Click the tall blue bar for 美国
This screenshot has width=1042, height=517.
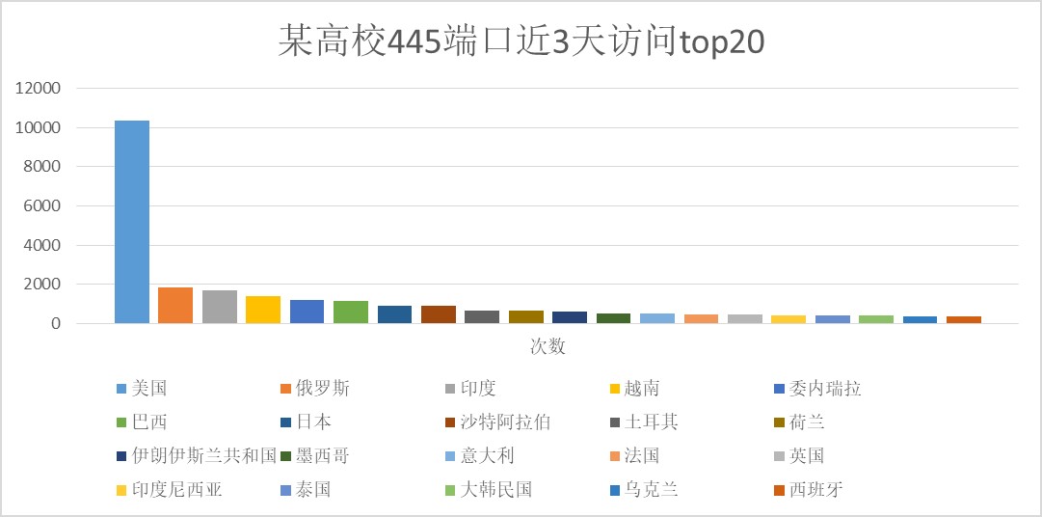(132, 222)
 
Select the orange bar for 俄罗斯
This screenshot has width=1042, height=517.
(175, 305)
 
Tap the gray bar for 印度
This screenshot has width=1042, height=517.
(220, 307)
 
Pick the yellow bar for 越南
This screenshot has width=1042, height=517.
(263, 310)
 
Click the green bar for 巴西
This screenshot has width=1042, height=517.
(351, 312)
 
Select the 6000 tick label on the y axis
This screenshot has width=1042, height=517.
(43, 206)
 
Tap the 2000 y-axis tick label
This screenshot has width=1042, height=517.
(43, 285)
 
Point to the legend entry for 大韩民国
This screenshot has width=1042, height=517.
(493, 490)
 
